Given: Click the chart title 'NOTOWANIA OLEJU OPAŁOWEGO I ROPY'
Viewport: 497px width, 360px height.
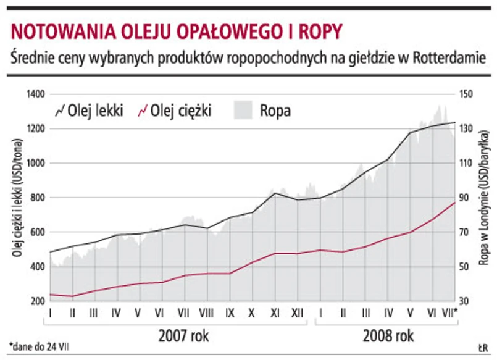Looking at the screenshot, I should pos(176,31).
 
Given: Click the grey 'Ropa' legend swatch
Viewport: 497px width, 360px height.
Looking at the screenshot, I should pos(243,111).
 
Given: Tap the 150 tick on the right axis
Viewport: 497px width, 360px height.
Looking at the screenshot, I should pos(466,94).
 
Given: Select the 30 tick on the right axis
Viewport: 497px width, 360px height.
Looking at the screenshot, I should pos(464,301).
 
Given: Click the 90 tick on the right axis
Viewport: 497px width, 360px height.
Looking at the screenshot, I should pos(464,198).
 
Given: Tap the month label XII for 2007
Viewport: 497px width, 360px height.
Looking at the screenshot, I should pos(298,312).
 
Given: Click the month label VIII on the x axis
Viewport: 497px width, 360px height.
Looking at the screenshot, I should pos(206,312).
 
